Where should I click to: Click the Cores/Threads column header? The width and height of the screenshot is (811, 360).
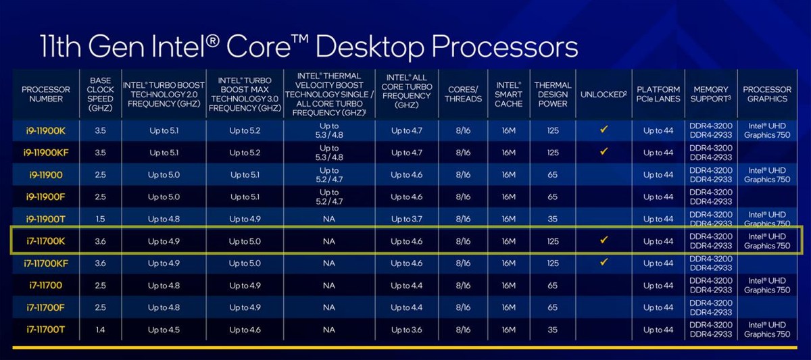pos(464,94)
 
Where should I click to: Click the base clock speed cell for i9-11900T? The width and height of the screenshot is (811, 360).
pos(100,219)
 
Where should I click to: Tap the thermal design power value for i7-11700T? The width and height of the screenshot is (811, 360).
pos(553,330)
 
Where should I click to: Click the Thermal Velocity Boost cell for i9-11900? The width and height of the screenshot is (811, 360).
pos(328,174)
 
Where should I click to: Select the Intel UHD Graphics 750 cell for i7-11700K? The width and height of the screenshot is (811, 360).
pos(766,241)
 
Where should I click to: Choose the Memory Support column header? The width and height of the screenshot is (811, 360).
pos(710,94)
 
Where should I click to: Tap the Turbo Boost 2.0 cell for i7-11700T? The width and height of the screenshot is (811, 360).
pos(164,330)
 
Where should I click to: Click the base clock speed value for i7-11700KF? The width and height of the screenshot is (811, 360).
pos(100,263)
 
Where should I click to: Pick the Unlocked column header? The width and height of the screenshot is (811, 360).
pos(604,94)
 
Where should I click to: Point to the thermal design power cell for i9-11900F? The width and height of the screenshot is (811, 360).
pos(553,197)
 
